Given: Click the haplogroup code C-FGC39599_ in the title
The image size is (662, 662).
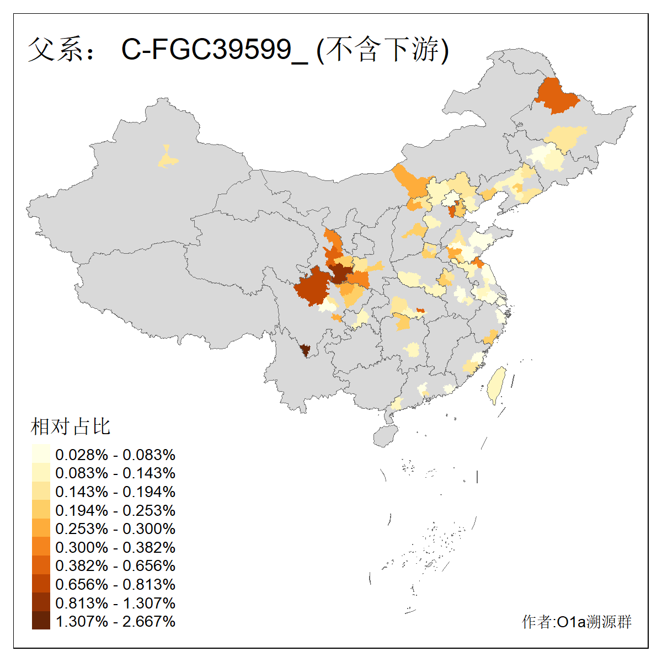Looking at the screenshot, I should (214, 50).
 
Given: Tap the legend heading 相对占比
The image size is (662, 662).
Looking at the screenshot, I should (71, 426).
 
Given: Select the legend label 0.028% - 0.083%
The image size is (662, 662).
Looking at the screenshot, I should (115, 455).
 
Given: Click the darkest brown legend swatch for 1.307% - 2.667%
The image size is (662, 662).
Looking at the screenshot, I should (41, 621).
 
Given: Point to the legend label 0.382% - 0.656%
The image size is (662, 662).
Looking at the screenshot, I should (115, 565).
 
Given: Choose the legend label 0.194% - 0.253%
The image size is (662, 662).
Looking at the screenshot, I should (115, 510).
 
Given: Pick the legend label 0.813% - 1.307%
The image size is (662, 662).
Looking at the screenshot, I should (115, 603).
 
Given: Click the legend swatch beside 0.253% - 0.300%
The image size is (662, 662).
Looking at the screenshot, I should (41, 528).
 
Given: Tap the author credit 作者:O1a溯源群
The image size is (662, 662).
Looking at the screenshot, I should (576, 622).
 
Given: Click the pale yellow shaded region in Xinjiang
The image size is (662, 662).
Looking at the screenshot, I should (168, 159).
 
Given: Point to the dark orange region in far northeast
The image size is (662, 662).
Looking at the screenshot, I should (556, 95).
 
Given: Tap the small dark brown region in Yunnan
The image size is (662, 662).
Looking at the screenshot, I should (305, 350).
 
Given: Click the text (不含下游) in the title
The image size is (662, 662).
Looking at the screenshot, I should (383, 50).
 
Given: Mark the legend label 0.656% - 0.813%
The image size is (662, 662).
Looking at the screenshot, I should (115, 584).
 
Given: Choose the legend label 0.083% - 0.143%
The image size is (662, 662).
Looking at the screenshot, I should (115, 473).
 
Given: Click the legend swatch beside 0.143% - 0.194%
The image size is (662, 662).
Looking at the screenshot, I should (41, 492).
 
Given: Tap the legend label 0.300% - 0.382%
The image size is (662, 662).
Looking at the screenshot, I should (115, 547).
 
